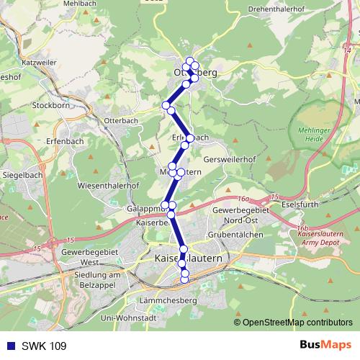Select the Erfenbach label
tap(60, 140)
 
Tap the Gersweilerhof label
tap(230, 158)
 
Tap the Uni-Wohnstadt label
tap(129, 318)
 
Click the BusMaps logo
tap(325, 345)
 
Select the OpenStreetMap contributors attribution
tap(297, 323)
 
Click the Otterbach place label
tap(121, 120)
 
